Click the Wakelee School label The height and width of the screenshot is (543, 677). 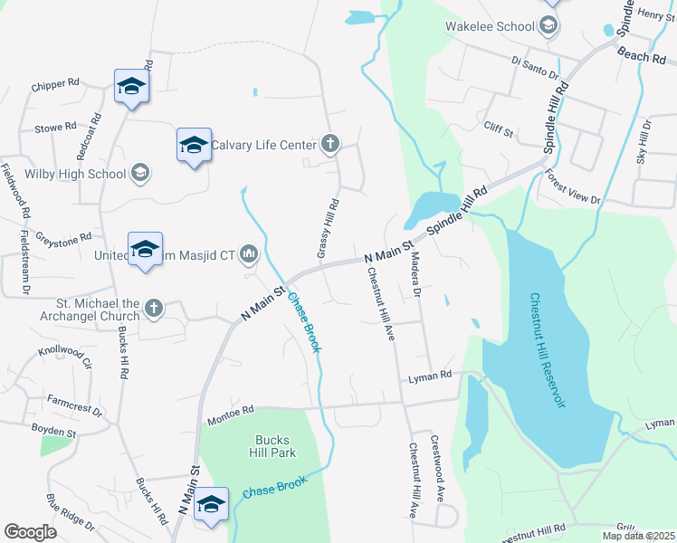pos(489,26)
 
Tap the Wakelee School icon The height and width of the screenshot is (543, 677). pos(548,26)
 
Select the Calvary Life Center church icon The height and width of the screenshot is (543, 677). pos(330,144)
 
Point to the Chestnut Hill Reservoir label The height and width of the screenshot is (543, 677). pos(548,349)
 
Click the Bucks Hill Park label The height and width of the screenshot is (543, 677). pos(272,446)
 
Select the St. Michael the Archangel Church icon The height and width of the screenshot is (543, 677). pos(154,309)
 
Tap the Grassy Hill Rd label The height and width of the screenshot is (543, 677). pos(328,228)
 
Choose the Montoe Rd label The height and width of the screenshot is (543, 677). pos(231,411)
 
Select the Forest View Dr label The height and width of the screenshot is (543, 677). pos(573,187)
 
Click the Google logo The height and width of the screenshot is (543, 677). pos(30,532)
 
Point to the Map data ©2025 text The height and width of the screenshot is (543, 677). pos(637,536)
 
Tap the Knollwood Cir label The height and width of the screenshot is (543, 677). pos(65,355)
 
